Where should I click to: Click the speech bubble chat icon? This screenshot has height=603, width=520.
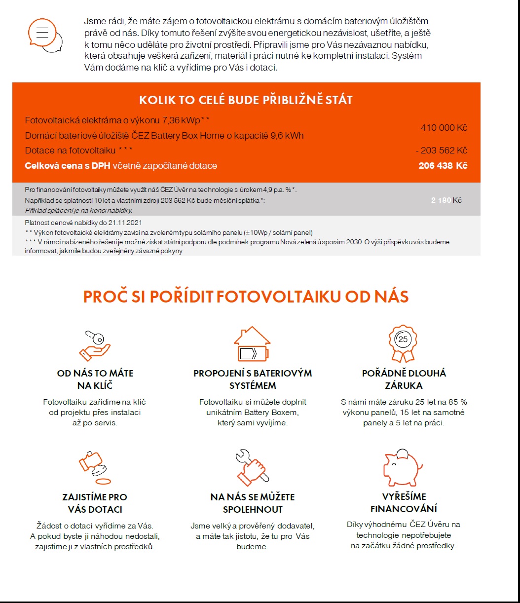[x=44, y=35]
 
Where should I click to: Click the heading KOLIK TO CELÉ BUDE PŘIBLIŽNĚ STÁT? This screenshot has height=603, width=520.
[x=246, y=100]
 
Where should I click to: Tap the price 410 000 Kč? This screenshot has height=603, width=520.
[x=444, y=128]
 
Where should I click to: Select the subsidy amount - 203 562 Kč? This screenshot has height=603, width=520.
[x=441, y=151]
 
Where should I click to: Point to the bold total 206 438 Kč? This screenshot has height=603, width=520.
[x=443, y=166]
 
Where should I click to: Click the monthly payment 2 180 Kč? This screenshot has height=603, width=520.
[x=446, y=200]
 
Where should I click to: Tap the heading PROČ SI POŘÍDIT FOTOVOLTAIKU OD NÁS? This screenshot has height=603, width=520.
[x=246, y=297]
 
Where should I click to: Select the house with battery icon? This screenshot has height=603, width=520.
[x=252, y=344]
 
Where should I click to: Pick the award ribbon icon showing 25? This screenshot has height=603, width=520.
[x=403, y=343]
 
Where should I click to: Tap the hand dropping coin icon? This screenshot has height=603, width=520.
[x=94, y=467]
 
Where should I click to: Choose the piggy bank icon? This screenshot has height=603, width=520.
[x=403, y=466]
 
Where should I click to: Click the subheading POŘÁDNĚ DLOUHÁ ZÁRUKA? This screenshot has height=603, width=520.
[x=404, y=379]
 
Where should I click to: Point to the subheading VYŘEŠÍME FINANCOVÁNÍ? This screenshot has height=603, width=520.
[x=404, y=503]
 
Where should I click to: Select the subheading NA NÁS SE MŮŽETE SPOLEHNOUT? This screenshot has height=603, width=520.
[x=253, y=503]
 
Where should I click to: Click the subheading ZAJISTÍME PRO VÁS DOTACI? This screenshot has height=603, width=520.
[x=95, y=503]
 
